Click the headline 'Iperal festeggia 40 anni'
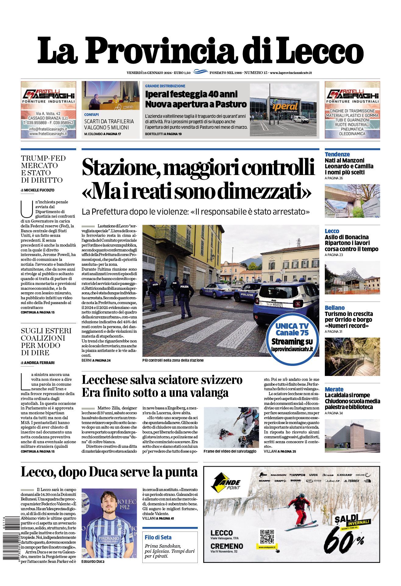[191, 94]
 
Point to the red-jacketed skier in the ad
[300, 507]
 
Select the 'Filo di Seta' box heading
[158, 537]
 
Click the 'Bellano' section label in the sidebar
[335, 308]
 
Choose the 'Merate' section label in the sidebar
[334, 389]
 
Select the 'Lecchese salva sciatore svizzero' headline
[162, 380]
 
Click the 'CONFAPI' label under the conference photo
[91, 115]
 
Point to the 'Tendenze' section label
[337, 154]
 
